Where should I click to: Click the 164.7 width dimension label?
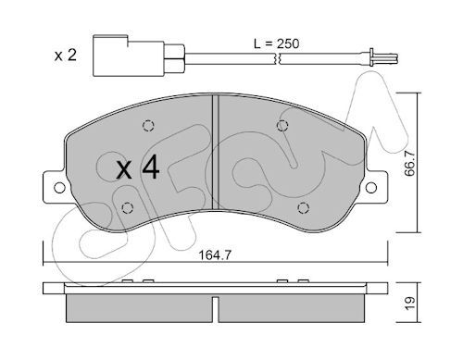215,255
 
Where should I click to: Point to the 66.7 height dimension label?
409,164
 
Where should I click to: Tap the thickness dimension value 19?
410,304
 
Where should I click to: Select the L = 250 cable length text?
276,43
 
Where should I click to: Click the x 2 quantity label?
65,56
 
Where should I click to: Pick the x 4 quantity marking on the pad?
138,168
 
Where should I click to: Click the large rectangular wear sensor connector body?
128,56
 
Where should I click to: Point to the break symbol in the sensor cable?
277,58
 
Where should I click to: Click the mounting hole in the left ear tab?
59,188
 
